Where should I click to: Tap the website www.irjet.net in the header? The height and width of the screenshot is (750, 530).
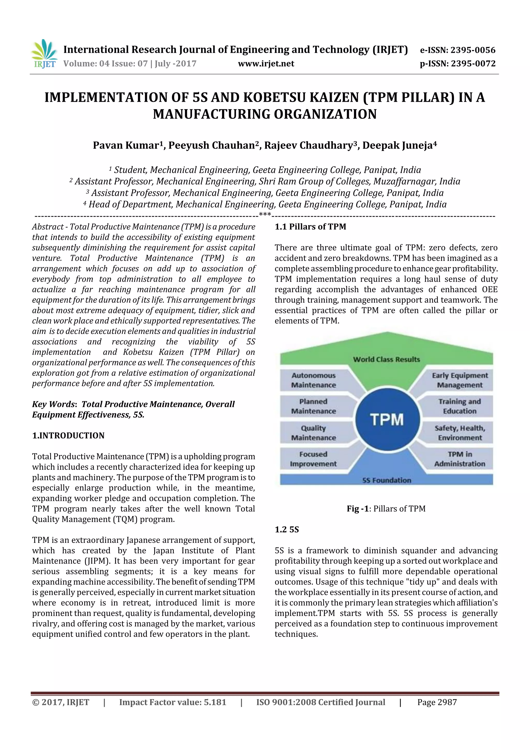(266, 64)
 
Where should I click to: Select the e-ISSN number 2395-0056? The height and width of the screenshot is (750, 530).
(473, 50)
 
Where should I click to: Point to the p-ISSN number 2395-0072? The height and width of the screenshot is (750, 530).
(473, 64)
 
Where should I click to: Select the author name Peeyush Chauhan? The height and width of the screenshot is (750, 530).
(212, 145)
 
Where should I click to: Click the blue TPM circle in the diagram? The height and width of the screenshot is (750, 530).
(387, 419)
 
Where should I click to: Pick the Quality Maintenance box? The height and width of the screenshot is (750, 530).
(313, 433)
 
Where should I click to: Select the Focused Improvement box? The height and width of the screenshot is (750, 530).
(313, 459)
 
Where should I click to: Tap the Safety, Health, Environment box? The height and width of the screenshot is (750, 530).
(460, 433)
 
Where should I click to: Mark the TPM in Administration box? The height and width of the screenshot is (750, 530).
(460, 459)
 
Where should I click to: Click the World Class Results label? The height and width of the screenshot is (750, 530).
(387, 359)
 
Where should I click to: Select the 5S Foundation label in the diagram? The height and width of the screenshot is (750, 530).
(387, 480)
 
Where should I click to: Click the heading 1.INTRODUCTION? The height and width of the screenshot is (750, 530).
(68, 436)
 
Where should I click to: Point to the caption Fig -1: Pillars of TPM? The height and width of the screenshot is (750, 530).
(386, 509)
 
